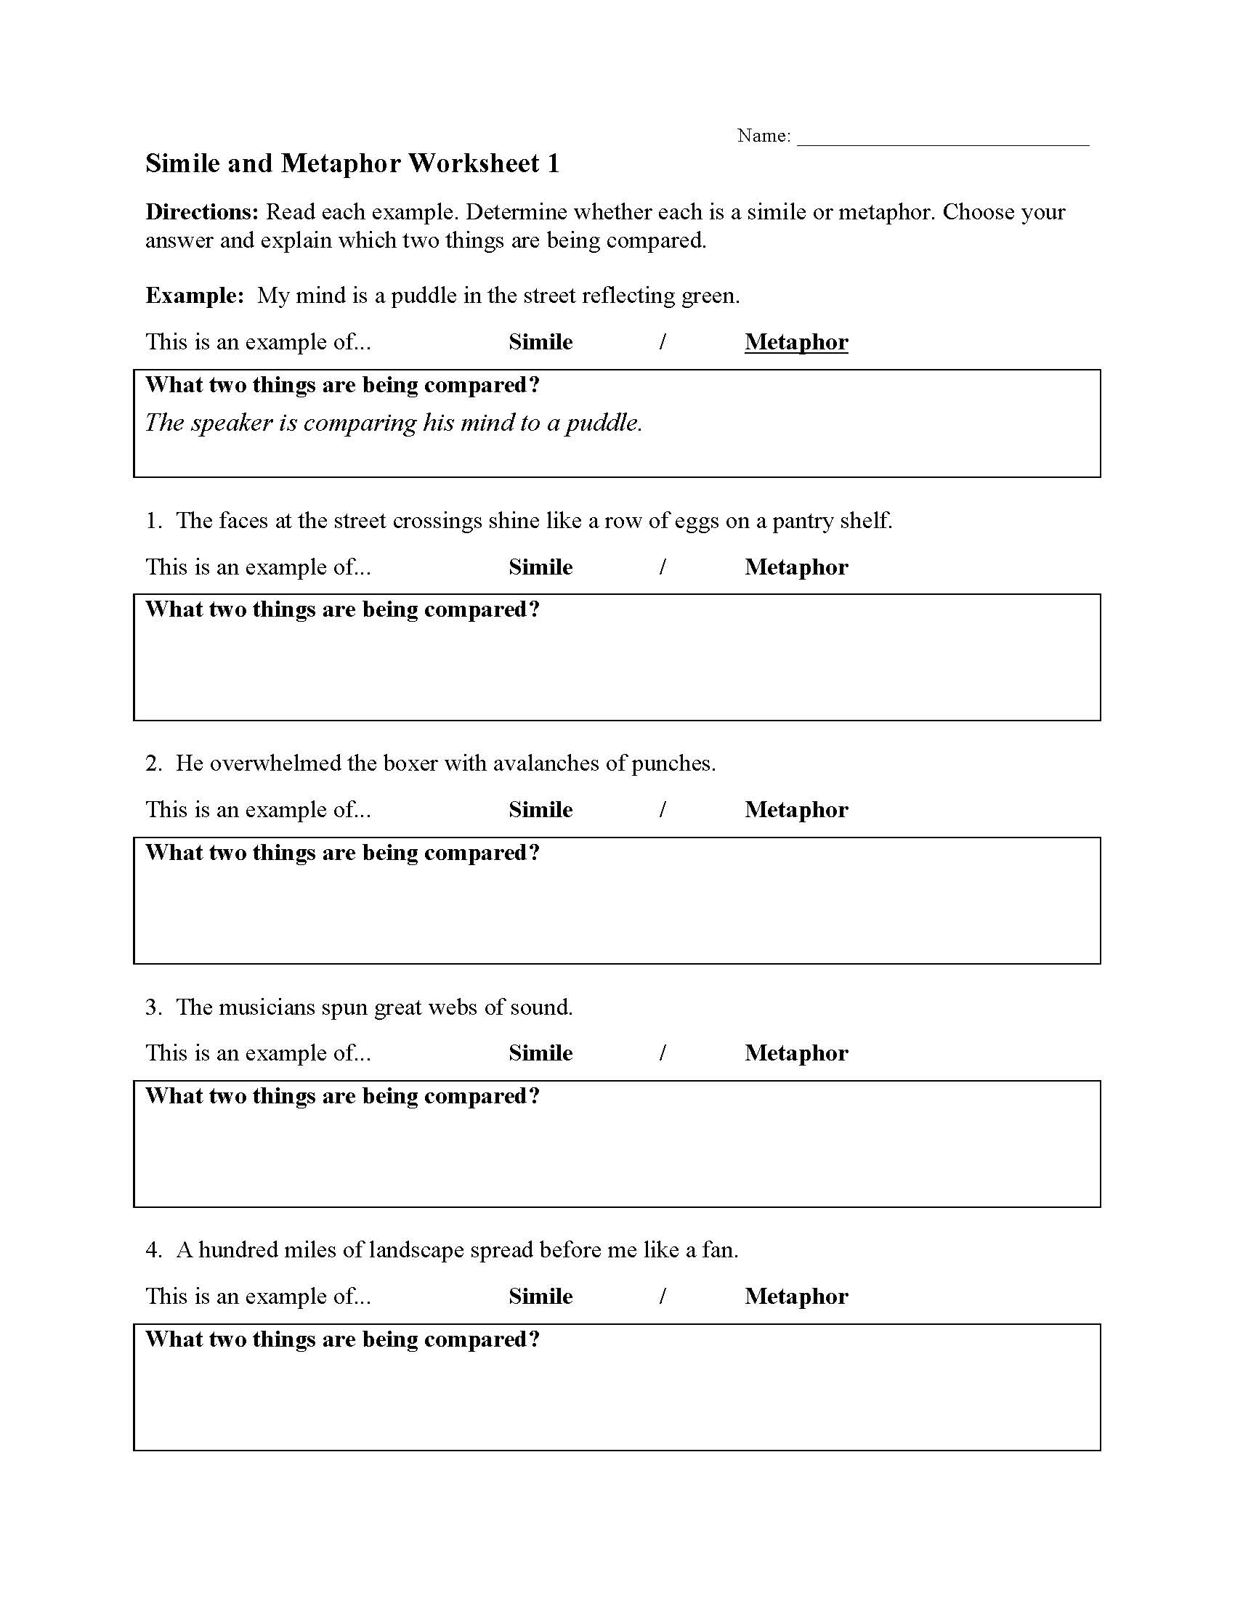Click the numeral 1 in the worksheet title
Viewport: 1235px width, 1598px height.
tap(553, 164)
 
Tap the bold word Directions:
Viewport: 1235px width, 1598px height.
tap(202, 212)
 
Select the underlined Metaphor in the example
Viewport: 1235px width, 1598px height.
tap(796, 342)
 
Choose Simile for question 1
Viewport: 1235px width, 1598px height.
tap(540, 567)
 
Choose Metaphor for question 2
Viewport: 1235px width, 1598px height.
tap(796, 810)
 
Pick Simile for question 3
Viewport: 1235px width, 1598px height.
tap(540, 1053)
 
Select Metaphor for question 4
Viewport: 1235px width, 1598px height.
tap(796, 1296)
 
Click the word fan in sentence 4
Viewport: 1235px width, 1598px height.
tap(718, 1251)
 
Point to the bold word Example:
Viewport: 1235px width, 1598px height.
tap(195, 296)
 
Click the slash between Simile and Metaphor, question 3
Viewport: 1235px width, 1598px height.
tap(662, 1053)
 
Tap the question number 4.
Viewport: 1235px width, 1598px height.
tap(153, 1251)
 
